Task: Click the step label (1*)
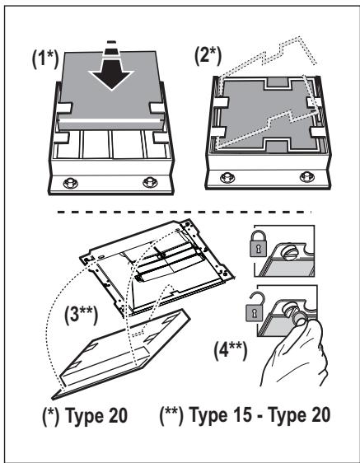pyautogui.click(x=45, y=58)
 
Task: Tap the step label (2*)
pyautogui.click(x=208, y=55)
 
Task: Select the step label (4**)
pyautogui.click(x=231, y=350)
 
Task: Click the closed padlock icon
pyautogui.click(x=258, y=243)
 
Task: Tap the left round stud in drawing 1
pyautogui.click(x=71, y=183)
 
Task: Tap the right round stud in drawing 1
pyautogui.click(x=150, y=182)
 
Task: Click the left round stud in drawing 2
pyautogui.click(x=227, y=177)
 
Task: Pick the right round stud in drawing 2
pyautogui.click(x=306, y=176)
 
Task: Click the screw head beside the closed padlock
pyautogui.click(x=289, y=254)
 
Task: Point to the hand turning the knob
pyautogui.click(x=294, y=354)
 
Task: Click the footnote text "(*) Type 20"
pyautogui.click(x=85, y=415)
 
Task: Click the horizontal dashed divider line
pyautogui.click(x=185, y=212)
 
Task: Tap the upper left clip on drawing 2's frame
pyautogui.click(x=220, y=103)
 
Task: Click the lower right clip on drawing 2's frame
pyautogui.click(x=318, y=133)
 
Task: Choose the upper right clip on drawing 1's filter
pyautogui.click(x=157, y=108)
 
